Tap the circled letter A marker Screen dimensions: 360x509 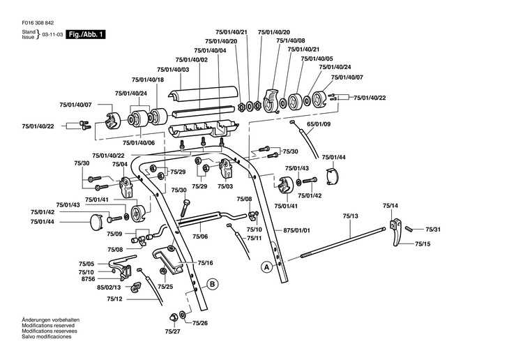[x=266, y=266]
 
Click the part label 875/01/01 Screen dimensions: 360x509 [x=296, y=230]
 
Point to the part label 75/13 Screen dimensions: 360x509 [x=350, y=217]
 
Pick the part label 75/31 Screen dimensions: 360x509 [x=432, y=230]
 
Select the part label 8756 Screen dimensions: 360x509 [x=87, y=278]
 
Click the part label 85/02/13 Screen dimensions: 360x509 [x=109, y=287]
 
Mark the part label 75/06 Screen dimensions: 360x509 [x=200, y=237]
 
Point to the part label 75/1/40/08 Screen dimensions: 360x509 [x=291, y=41]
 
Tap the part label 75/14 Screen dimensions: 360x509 [x=390, y=206]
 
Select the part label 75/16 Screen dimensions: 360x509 [x=205, y=262]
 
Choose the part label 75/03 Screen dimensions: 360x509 [x=225, y=186]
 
